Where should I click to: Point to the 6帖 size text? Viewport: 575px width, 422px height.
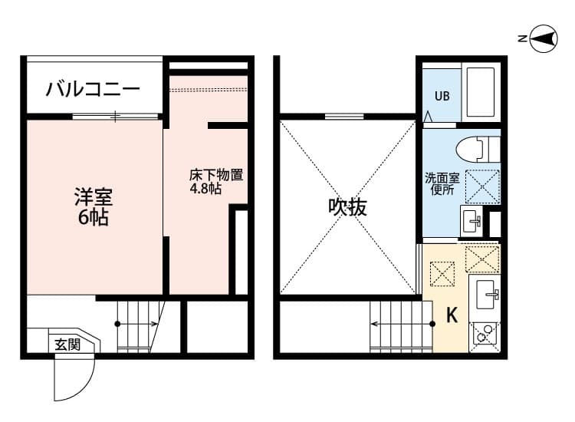(x=93, y=218)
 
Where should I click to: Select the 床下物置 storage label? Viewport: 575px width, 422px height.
(x=216, y=175)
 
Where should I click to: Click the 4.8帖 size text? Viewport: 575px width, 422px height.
(x=205, y=189)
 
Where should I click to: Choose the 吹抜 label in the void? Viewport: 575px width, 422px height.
(x=347, y=207)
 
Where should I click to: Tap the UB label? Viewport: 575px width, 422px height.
(x=442, y=97)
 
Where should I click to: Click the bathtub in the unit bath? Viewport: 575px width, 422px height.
(x=481, y=93)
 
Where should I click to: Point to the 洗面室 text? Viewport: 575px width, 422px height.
(x=442, y=177)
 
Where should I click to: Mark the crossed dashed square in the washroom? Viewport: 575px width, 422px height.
(x=483, y=184)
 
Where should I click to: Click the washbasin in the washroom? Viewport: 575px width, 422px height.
(x=472, y=222)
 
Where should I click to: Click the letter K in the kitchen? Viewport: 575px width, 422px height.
(x=452, y=315)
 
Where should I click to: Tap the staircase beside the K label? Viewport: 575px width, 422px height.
(x=396, y=326)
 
